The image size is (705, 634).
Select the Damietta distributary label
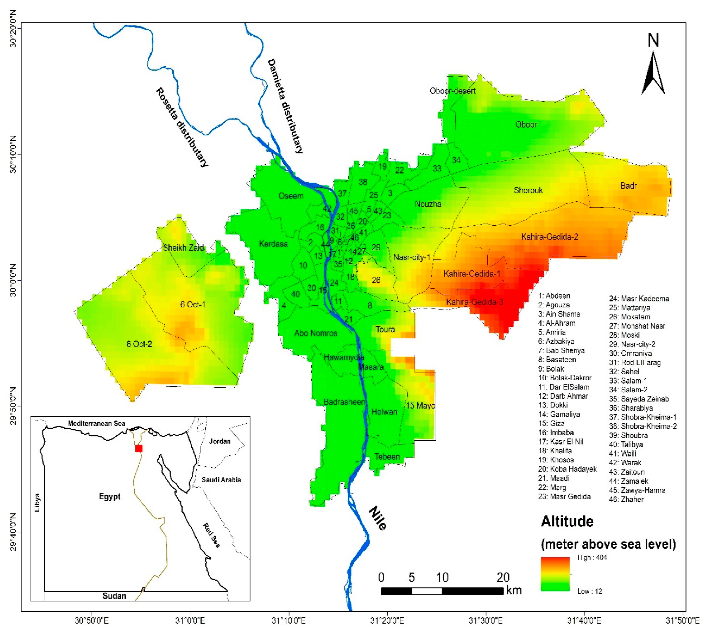(x=285, y=106)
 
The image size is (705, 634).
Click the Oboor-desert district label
(x=452, y=91)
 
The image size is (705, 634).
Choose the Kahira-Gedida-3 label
(x=474, y=302)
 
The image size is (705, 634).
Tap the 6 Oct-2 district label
(x=139, y=344)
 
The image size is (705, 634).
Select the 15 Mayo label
(x=420, y=406)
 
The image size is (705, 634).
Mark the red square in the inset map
(x=139, y=448)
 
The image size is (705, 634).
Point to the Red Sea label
(x=211, y=535)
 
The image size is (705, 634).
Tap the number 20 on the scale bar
(x=503, y=578)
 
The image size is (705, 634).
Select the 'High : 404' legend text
(x=592, y=557)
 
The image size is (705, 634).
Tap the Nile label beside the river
(x=377, y=518)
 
